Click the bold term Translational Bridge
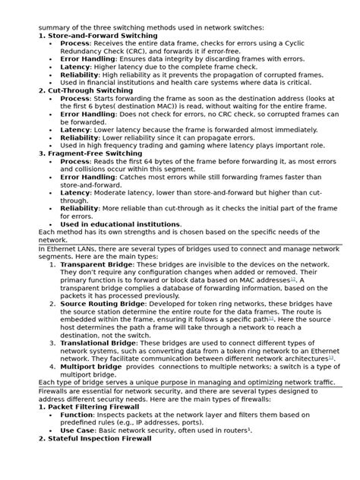(99, 342)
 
